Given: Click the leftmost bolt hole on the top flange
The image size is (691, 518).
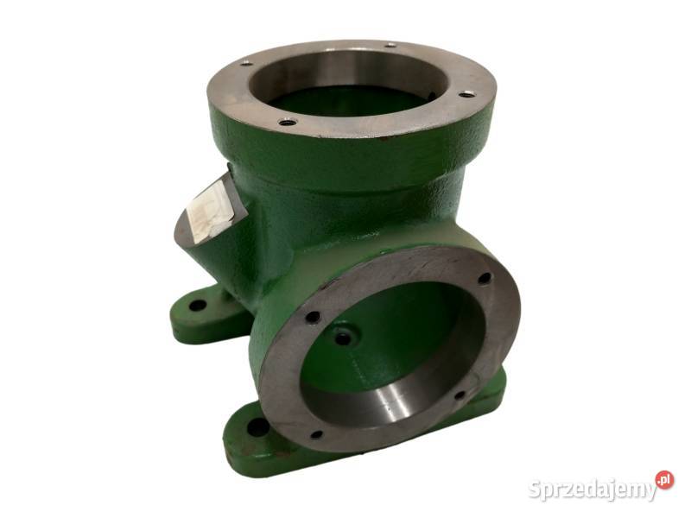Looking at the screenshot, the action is pyautogui.click(x=247, y=63).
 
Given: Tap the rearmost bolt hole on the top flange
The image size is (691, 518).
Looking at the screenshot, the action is pyautogui.click(x=390, y=45).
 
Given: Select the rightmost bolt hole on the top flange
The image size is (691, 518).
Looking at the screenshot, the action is pyautogui.click(x=466, y=93).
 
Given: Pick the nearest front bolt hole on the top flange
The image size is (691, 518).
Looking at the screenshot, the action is pyautogui.click(x=288, y=122).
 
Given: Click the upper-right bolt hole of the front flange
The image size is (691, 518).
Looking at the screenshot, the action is pyautogui.click(x=485, y=278).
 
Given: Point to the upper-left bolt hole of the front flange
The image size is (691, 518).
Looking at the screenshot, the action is pyautogui.click(x=313, y=317).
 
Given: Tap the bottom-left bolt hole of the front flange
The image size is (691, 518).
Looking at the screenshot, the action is pyautogui.click(x=316, y=435).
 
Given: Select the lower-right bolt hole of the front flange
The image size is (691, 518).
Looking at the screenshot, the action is pyautogui.click(x=460, y=395).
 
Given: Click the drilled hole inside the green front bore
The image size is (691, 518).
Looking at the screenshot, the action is pyautogui.click(x=343, y=338).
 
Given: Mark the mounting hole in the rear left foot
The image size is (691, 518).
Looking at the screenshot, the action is pyautogui.click(x=197, y=306).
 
